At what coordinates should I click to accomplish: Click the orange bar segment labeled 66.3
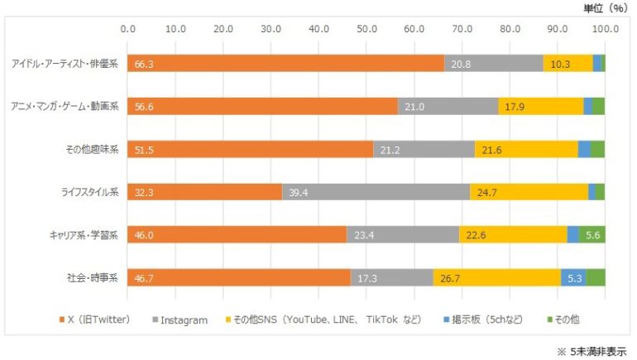click(285, 64)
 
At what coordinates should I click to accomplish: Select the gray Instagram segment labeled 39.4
click(376, 192)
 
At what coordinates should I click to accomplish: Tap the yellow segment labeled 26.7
click(496, 277)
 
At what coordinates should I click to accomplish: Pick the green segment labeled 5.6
click(592, 235)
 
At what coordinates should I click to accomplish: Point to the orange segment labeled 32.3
click(205, 192)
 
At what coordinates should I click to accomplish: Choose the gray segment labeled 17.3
click(391, 277)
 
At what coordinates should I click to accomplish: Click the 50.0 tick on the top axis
click(366, 29)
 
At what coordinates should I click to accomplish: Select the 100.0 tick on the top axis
click(605, 29)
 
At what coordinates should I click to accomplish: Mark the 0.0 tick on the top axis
click(128, 29)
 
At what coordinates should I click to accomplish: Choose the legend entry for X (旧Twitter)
click(96, 319)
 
